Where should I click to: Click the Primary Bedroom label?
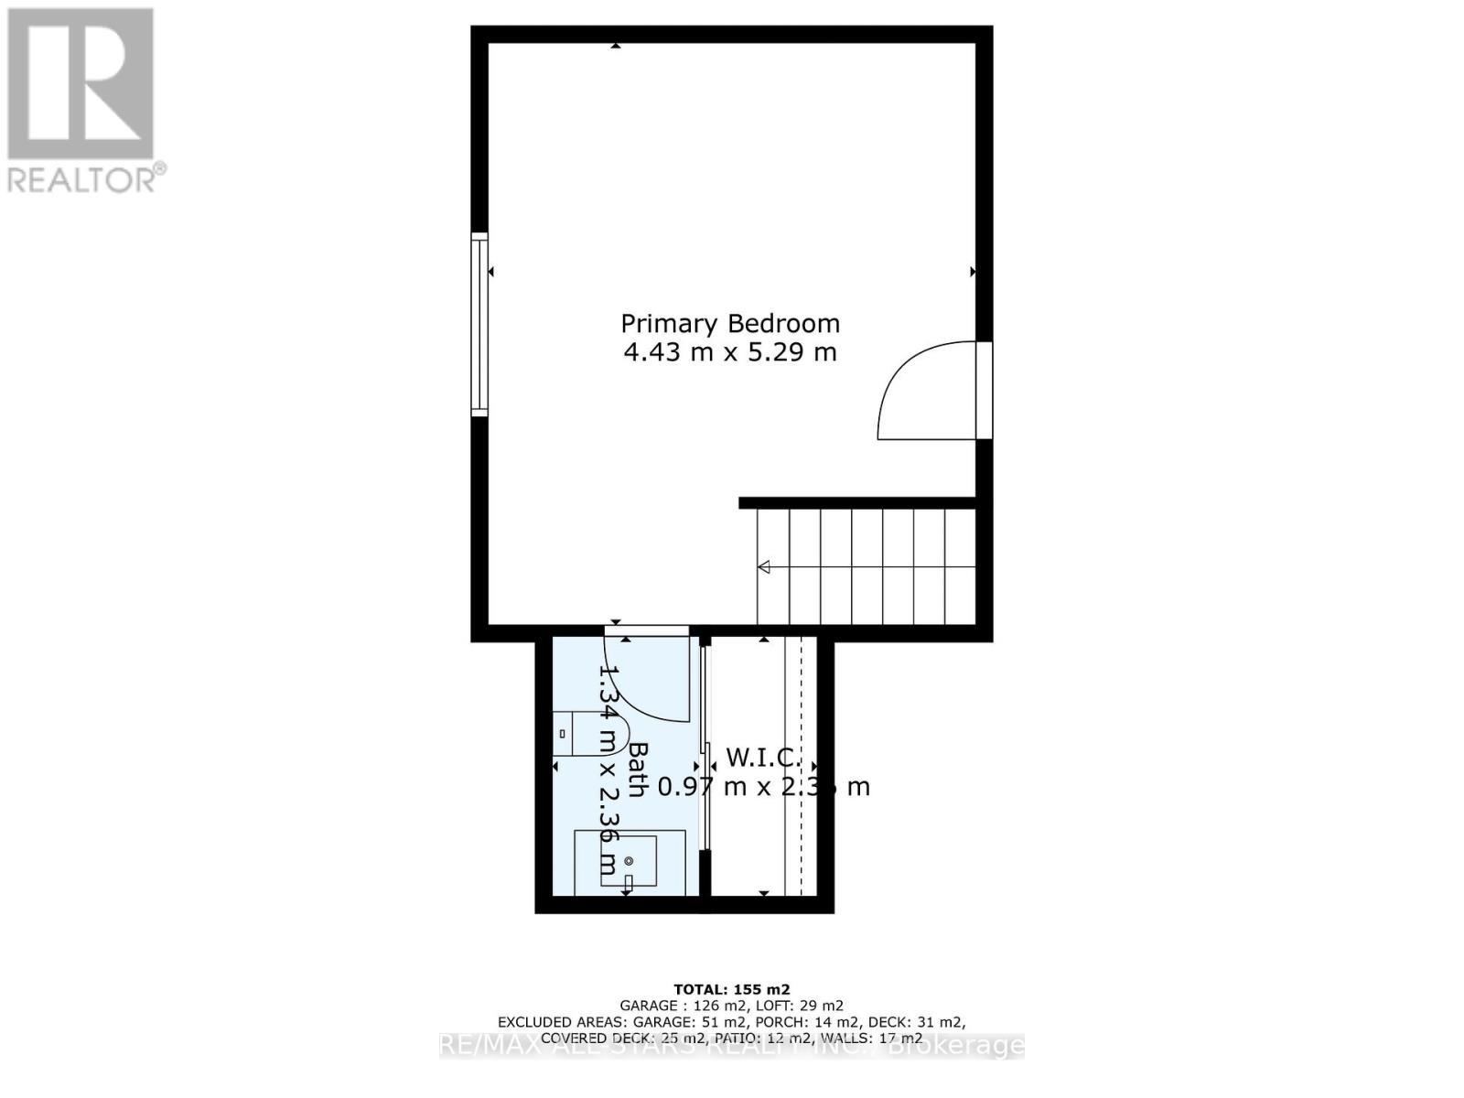click(730, 324)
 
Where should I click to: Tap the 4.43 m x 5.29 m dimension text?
click(730, 352)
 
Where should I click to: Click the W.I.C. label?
click(763, 758)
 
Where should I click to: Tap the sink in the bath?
click(629, 861)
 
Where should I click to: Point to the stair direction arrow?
click(764, 567)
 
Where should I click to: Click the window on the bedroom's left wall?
click(479, 325)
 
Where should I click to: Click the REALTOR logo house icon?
click(81, 84)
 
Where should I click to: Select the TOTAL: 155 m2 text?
click(731, 989)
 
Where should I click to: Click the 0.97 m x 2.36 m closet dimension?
click(764, 786)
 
